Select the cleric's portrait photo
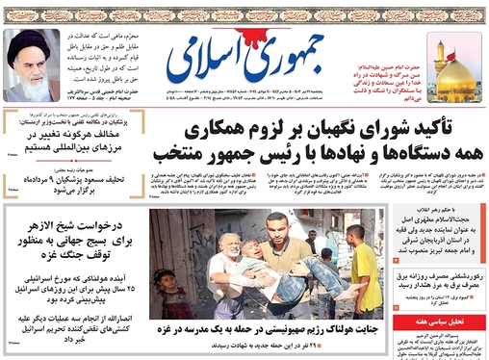pyautogui.click(x=31, y=64)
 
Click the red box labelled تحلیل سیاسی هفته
pyautogui.click(x=439, y=321)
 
